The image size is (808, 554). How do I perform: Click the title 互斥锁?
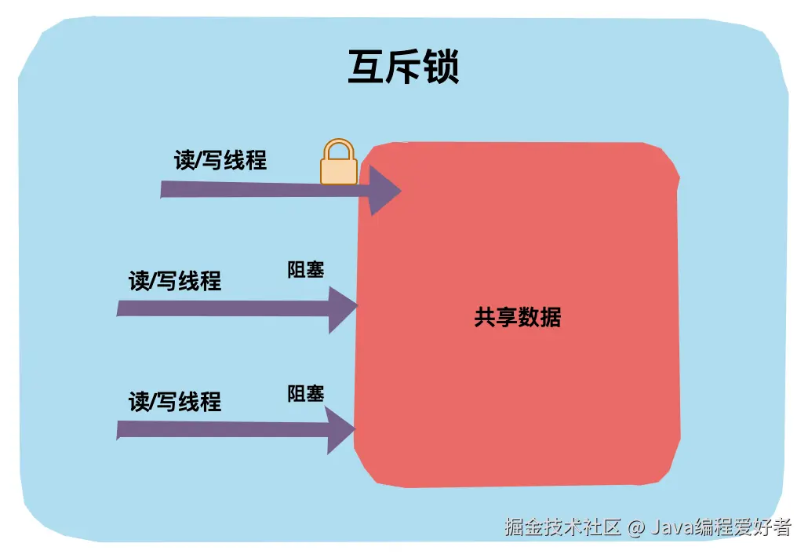click(403, 67)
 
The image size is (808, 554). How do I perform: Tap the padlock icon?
click(338, 163)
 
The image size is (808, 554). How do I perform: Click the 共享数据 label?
click(518, 317)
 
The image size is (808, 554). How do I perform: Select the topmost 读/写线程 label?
click(220, 160)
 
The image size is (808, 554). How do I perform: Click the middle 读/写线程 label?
click(175, 280)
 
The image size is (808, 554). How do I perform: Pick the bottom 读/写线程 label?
click(175, 402)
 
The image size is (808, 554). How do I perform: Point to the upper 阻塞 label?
click(306, 270)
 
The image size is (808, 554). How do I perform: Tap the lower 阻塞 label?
click(306, 393)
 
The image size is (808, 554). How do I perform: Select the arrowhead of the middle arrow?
click(342, 308)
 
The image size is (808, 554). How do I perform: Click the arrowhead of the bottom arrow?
click(340, 429)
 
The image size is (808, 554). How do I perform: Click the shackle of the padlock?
click(338, 149)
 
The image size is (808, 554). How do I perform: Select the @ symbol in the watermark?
click(636, 527)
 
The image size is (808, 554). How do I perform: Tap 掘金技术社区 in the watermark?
click(563, 527)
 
